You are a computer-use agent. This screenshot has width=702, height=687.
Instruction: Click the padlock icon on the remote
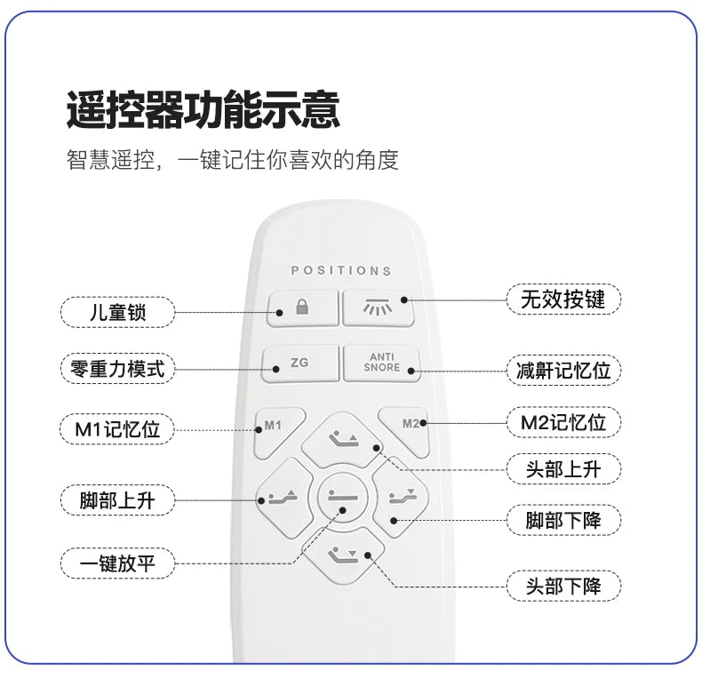[x=303, y=307]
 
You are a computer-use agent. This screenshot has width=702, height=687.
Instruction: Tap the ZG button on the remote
[x=300, y=363]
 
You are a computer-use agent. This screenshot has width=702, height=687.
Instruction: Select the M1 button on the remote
[x=277, y=431]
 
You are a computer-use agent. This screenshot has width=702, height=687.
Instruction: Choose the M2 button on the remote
[x=405, y=430]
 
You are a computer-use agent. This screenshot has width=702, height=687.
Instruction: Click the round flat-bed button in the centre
[x=343, y=497]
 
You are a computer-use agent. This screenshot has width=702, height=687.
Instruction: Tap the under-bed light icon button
[x=378, y=308]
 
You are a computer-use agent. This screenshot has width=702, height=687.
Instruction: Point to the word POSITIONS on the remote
[x=341, y=270]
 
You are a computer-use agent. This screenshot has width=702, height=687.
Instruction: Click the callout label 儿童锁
[x=117, y=312]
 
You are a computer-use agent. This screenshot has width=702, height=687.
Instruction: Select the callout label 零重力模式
[x=117, y=369]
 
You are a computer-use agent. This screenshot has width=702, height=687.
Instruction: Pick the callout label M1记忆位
[x=117, y=429]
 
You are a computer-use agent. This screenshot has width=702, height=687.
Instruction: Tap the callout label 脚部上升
[x=117, y=500]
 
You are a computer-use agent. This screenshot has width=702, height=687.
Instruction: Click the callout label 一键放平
[x=117, y=563]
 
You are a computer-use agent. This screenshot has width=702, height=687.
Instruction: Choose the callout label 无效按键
[x=563, y=299]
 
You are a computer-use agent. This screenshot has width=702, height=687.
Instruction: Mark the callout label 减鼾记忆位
[x=563, y=371]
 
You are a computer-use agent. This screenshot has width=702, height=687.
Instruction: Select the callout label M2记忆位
[x=563, y=422]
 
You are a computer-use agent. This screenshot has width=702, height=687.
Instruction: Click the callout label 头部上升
[x=563, y=469]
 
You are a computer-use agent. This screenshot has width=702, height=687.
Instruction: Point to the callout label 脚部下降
[x=563, y=521]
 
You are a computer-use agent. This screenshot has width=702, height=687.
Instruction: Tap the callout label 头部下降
[x=563, y=587]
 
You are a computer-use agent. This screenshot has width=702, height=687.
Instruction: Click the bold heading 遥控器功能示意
[x=203, y=109]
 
